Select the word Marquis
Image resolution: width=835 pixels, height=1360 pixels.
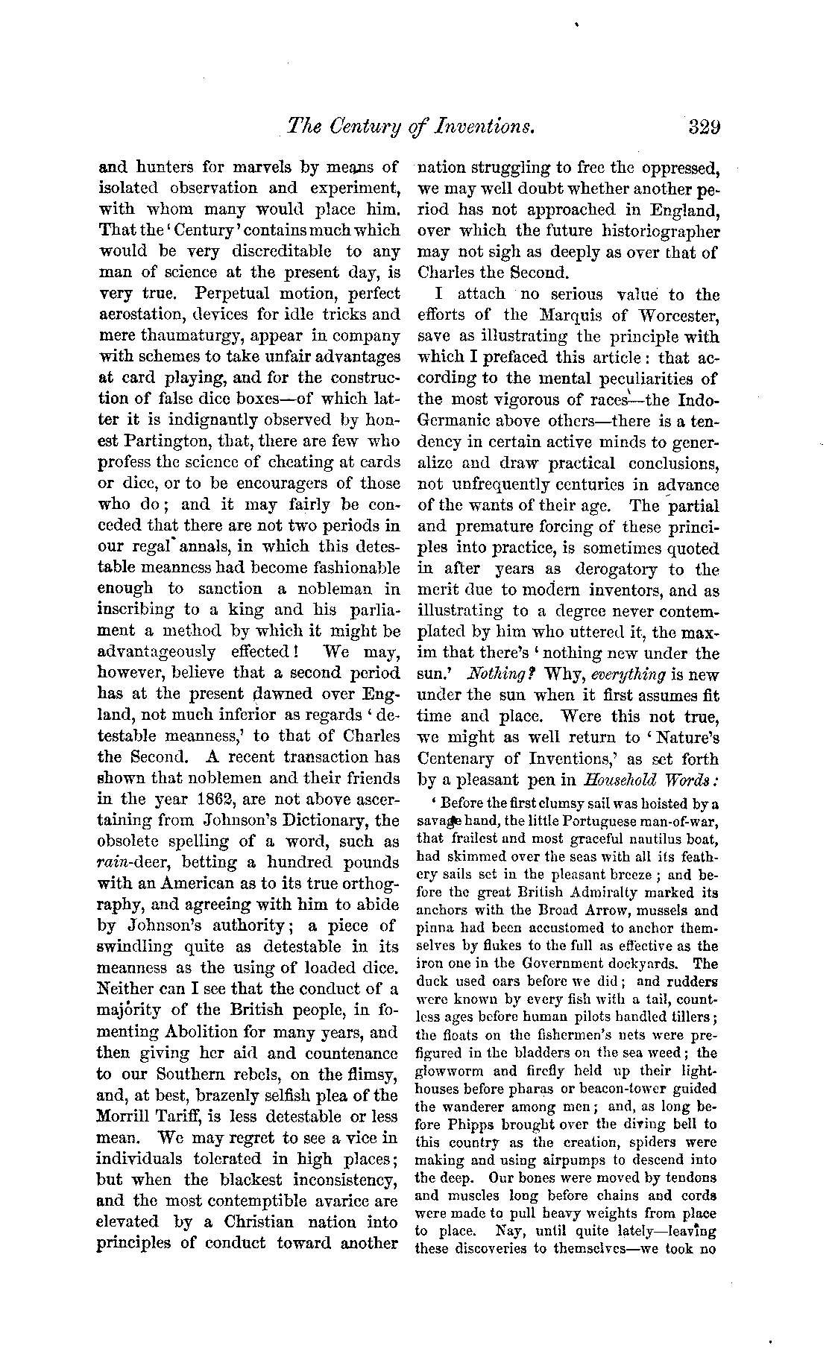(x=569, y=315)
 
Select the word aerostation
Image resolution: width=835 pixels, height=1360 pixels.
(x=139, y=314)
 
